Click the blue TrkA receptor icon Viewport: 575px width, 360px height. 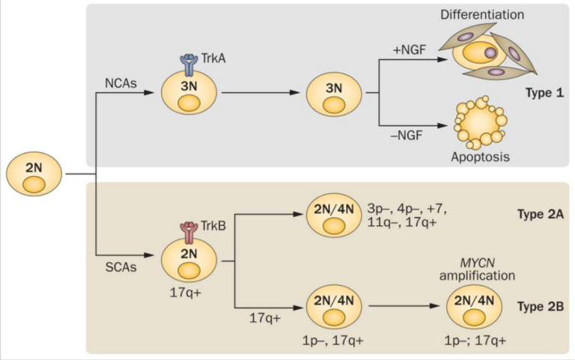tap(189, 65)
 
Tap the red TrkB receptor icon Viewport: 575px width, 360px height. tap(189, 233)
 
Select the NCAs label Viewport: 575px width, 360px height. tap(121, 84)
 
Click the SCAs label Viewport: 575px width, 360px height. tap(121, 267)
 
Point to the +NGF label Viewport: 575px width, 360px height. tap(410, 49)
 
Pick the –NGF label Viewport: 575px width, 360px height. tap(407, 135)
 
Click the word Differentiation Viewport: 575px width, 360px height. tap(482, 15)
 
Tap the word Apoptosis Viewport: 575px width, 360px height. tap(480, 157)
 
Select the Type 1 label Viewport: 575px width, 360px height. tap(544, 93)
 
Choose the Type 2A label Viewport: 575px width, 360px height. tap(540, 214)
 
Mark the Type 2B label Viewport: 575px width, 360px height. tap(540, 306)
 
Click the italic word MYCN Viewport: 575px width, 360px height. tap(477, 263)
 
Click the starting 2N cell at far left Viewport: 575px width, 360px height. tap(34, 174)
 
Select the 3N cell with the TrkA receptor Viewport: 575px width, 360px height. tap(189, 92)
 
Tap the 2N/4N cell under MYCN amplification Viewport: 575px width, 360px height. tap(474, 307)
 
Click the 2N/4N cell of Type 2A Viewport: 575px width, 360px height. tap(334, 216)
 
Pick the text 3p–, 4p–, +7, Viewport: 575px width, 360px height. tap(407, 210)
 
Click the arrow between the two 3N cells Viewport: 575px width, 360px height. tap(261, 93)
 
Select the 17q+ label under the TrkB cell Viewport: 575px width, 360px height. tap(186, 293)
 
